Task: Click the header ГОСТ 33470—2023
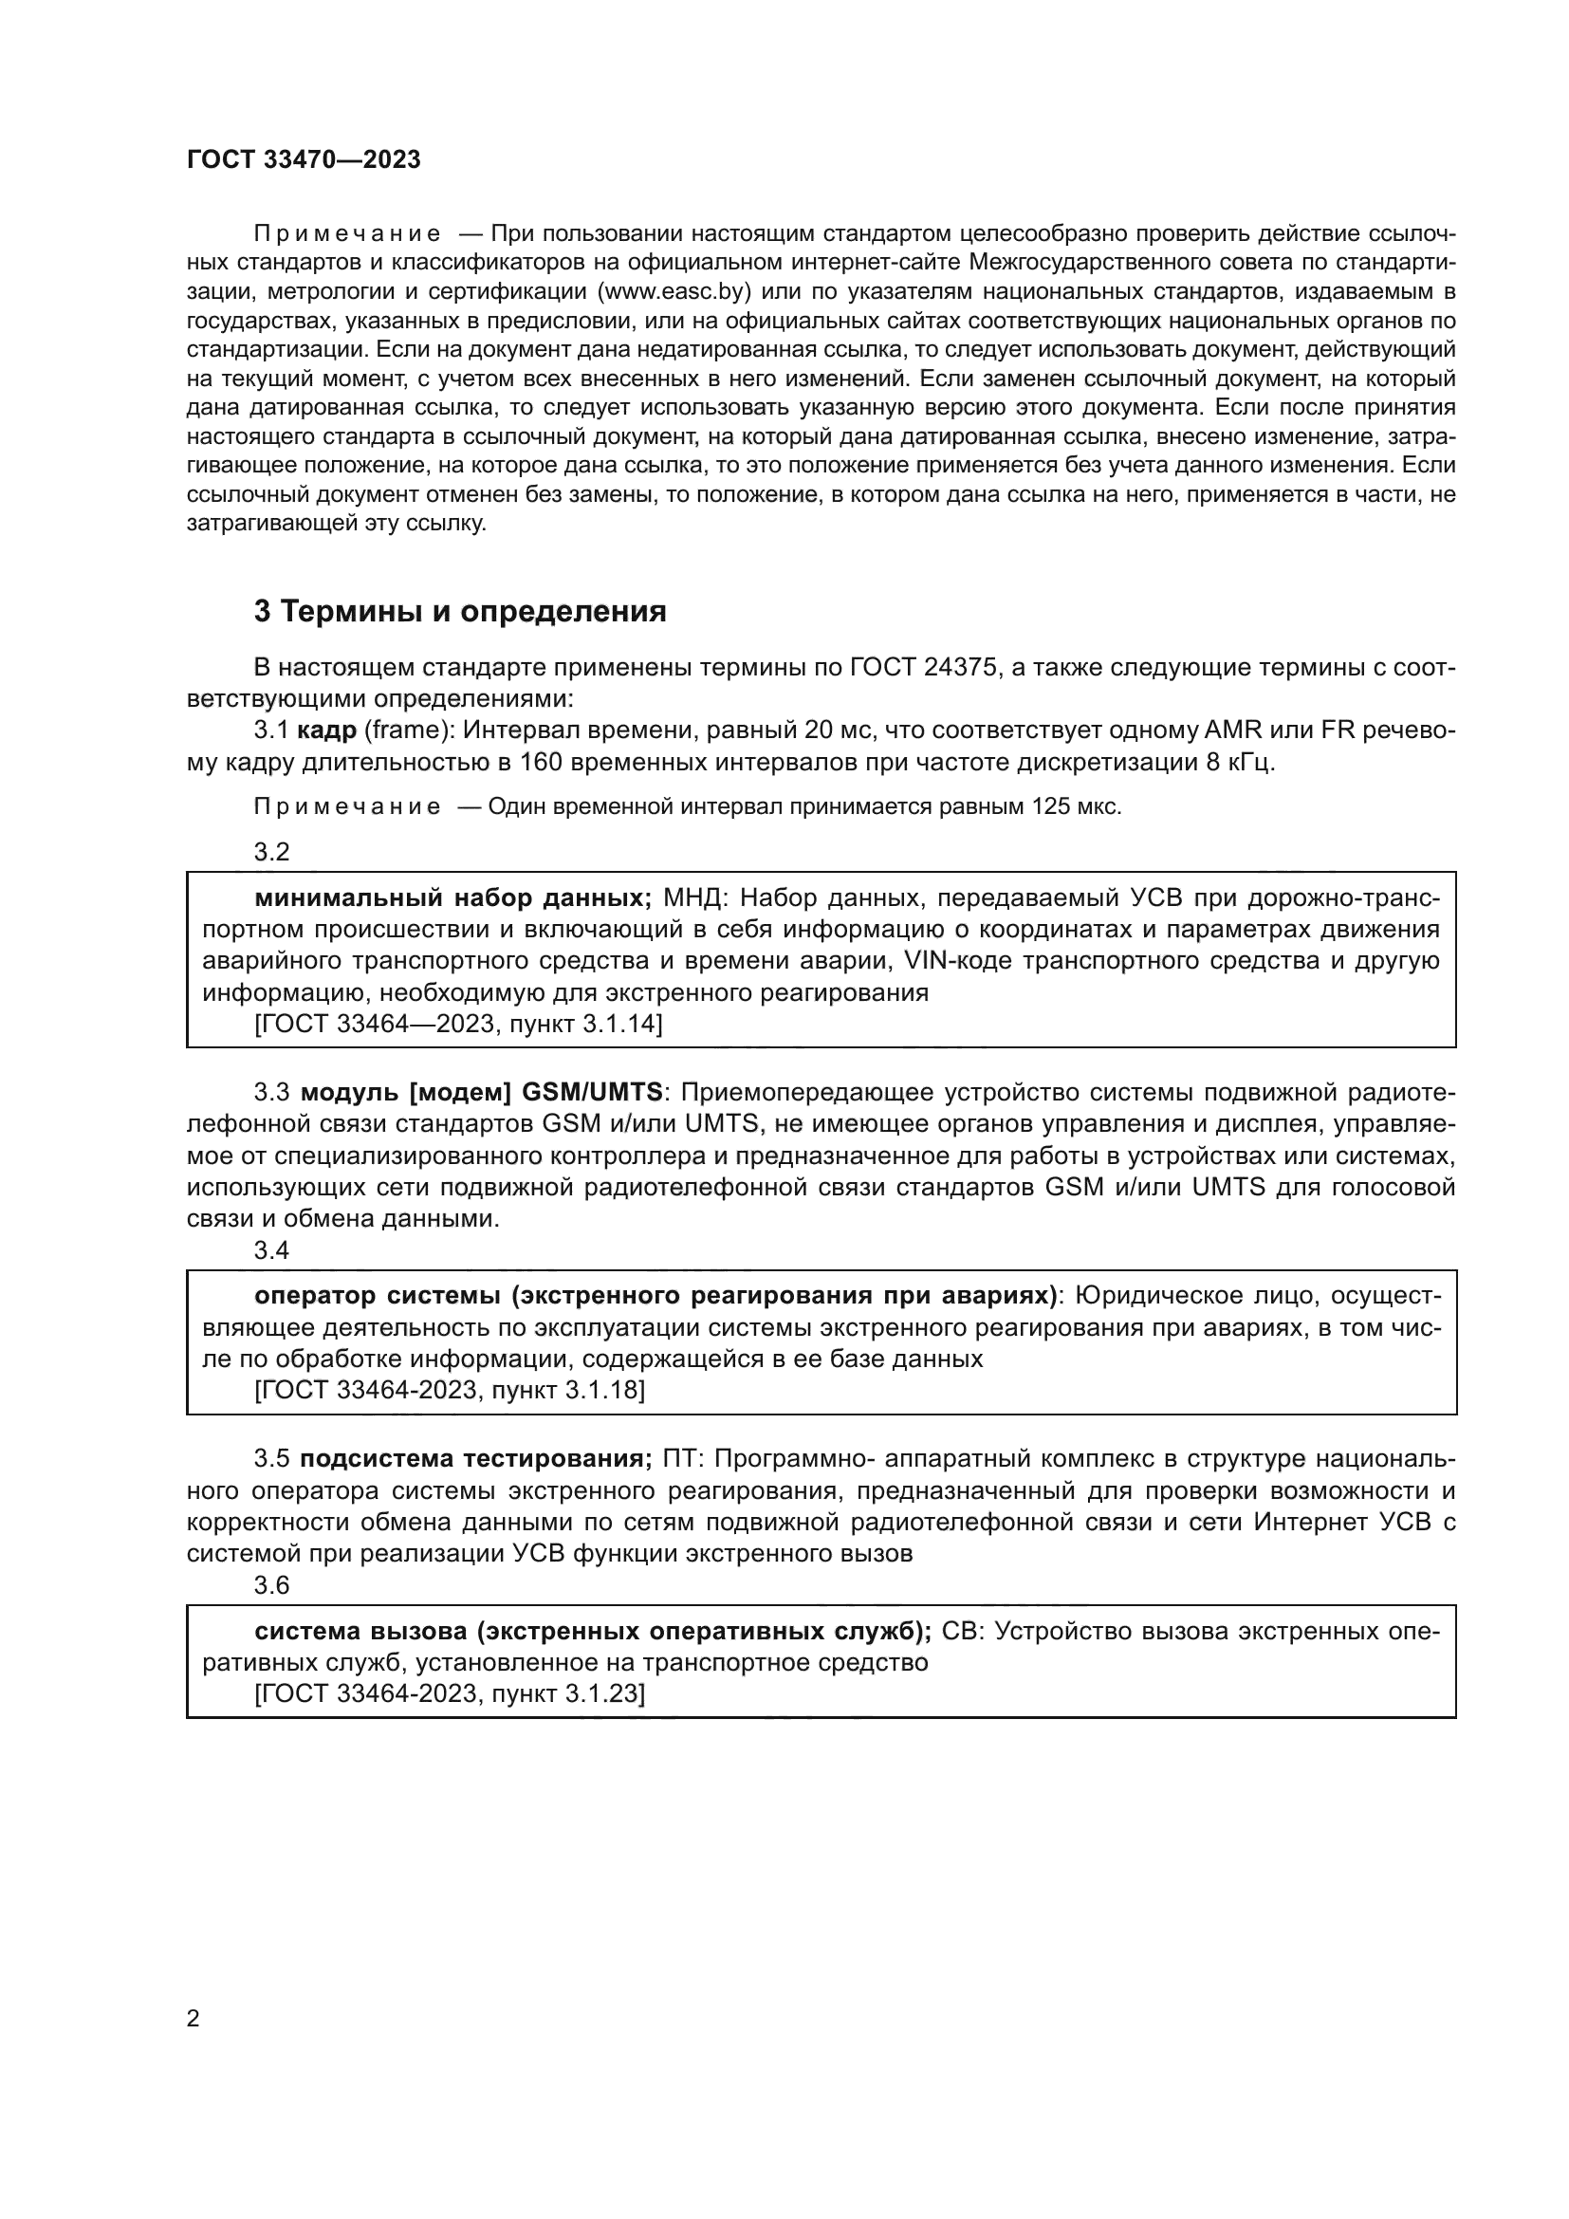click(304, 160)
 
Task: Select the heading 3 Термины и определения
click(460, 612)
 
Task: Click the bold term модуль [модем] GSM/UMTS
click(481, 1093)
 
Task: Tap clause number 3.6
click(271, 1585)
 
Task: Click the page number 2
click(194, 2019)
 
